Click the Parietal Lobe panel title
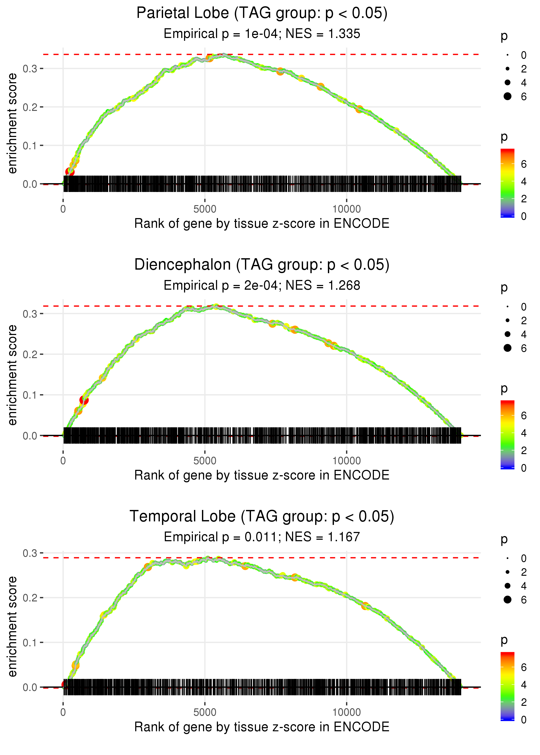[262, 13]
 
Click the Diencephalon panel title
[262, 265]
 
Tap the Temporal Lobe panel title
[262, 517]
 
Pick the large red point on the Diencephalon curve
[84, 400]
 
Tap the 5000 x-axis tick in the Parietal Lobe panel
[205, 209]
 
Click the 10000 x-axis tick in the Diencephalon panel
[346, 461]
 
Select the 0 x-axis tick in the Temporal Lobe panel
[63, 713]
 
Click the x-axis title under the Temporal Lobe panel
[262, 727]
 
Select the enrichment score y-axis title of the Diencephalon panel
[12, 375]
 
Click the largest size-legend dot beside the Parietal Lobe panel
[507, 96]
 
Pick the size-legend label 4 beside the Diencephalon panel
[524, 334]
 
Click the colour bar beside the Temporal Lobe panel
[507, 686]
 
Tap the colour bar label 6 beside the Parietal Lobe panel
[524, 164]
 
